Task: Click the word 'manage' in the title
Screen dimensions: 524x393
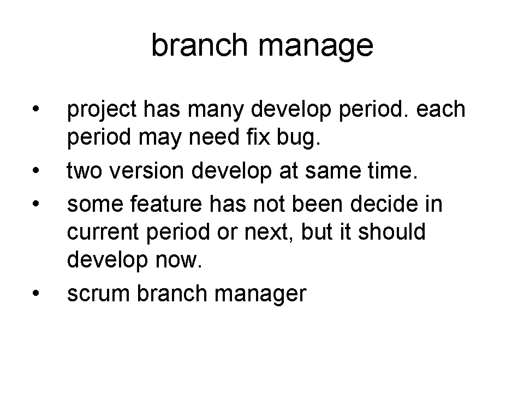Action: tap(315, 47)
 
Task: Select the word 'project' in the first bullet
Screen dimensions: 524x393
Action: tap(102, 110)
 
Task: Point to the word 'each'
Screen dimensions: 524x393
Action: tap(440, 109)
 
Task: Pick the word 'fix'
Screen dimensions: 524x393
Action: tap(258, 137)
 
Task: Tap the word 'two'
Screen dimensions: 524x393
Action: tap(84, 171)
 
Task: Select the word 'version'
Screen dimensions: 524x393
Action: tap(147, 171)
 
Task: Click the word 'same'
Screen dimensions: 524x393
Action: tap(333, 171)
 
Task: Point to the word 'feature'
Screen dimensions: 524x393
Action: tap(166, 204)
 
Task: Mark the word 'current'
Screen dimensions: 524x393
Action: tap(103, 233)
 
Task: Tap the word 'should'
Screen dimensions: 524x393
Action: tap(392, 231)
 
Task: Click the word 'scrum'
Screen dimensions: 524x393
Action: tap(98, 294)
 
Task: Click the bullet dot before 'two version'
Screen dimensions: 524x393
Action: tap(36, 171)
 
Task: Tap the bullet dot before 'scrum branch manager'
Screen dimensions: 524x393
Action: tap(36, 294)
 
